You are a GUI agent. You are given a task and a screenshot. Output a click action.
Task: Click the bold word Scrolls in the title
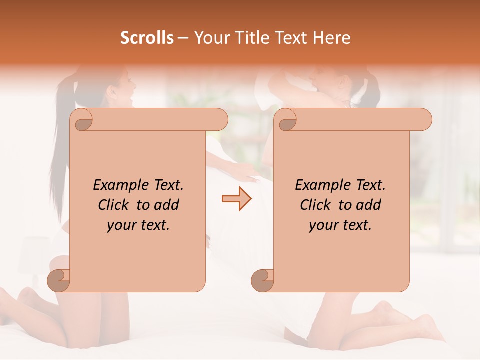point(147,38)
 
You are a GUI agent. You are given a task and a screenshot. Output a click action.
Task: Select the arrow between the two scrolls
point(236,199)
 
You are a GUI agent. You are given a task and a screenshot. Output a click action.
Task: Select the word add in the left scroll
point(167,205)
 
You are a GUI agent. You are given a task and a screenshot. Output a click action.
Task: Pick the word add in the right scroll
point(369,205)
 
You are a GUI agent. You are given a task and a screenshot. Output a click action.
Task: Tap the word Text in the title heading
point(289,38)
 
